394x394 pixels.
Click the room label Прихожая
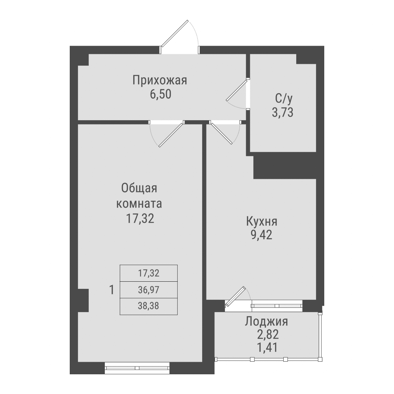(160, 80)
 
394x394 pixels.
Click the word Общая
(139, 188)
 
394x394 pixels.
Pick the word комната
(139, 204)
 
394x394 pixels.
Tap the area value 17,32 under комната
(139, 219)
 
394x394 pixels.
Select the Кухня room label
(262, 221)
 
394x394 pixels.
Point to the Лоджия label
(266, 322)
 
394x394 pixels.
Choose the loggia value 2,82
(266, 335)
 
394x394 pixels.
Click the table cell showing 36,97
(149, 290)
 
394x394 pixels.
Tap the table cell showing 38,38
(149, 306)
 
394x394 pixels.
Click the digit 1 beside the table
(112, 290)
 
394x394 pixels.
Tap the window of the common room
(137, 367)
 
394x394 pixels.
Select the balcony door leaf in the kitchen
(236, 296)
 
